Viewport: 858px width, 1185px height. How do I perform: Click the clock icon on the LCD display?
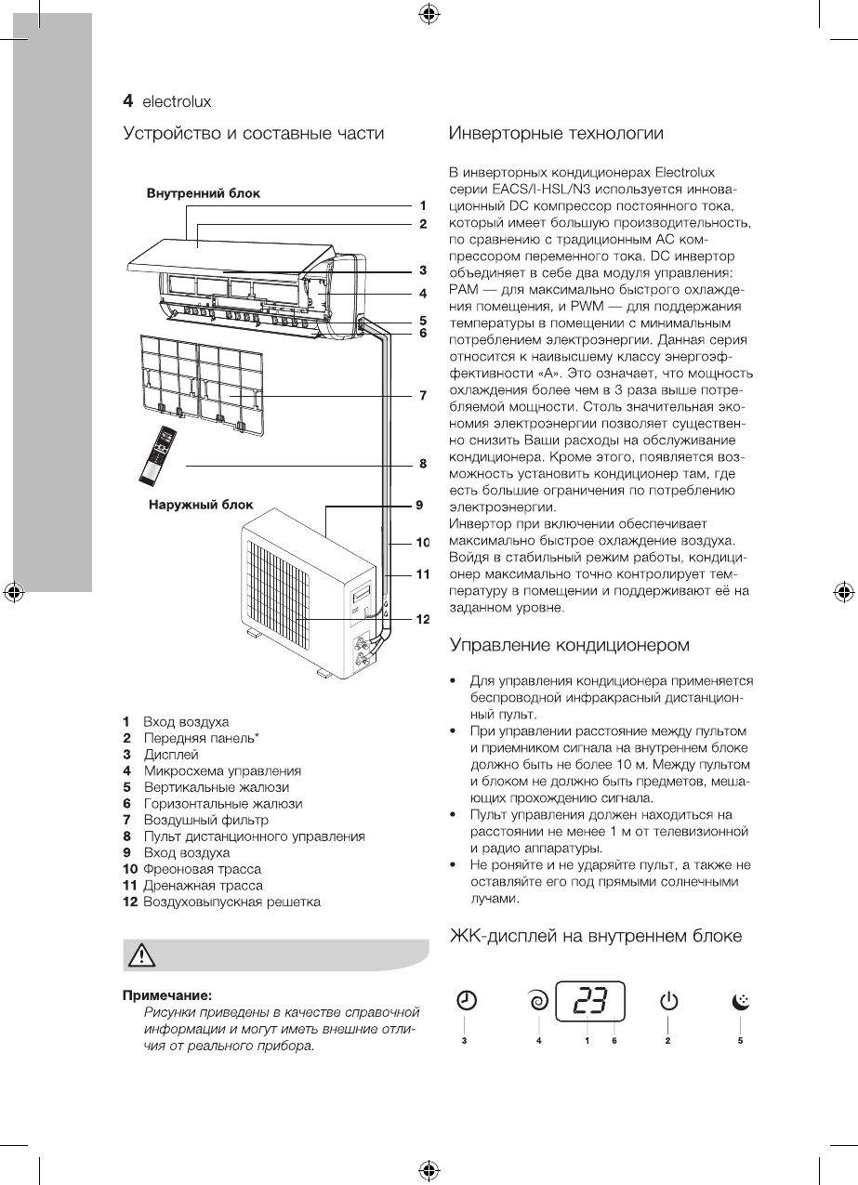tap(467, 1001)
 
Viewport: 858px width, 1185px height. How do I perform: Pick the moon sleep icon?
tap(740, 1001)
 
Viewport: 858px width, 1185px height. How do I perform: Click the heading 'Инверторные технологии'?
tap(556, 134)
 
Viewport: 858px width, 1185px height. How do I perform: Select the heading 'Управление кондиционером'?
tap(570, 644)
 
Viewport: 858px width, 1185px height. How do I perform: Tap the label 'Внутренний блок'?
tap(203, 193)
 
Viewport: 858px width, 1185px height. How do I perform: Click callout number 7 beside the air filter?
tap(422, 396)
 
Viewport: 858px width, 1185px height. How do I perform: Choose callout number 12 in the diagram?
tap(422, 619)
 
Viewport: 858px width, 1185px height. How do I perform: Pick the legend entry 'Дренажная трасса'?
tap(203, 885)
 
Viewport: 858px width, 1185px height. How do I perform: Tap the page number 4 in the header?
tap(129, 99)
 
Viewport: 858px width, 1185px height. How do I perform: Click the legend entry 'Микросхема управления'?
tap(222, 770)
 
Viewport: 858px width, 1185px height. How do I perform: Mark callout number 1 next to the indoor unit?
tap(422, 204)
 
